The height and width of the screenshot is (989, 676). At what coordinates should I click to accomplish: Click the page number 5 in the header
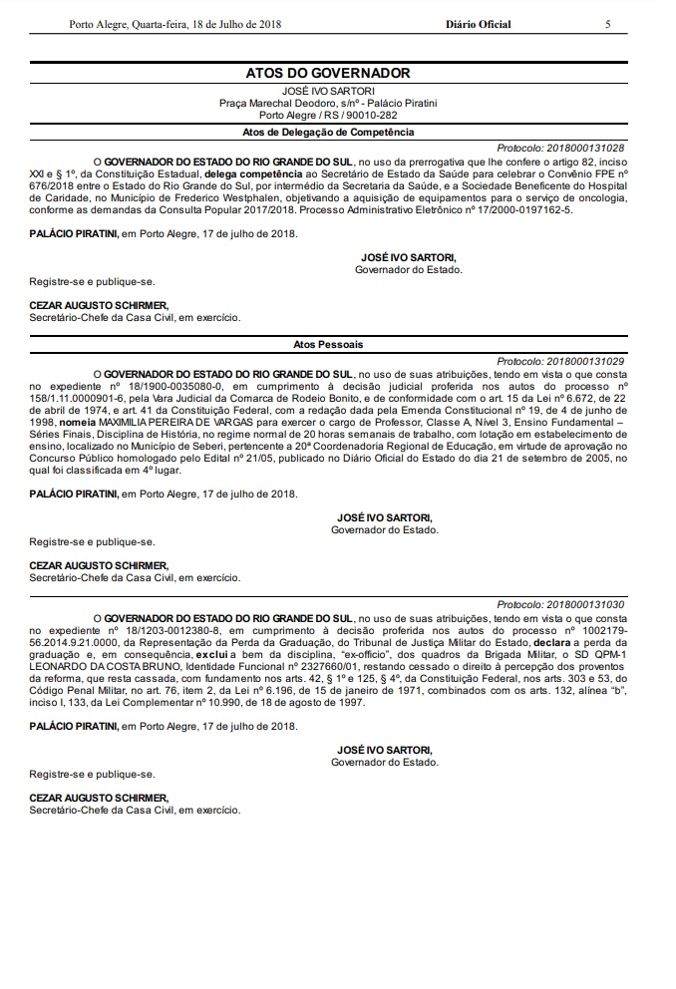pyautogui.click(x=607, y=24)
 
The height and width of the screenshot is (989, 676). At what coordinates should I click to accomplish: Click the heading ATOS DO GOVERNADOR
pyautogui.click(x=328, y=73)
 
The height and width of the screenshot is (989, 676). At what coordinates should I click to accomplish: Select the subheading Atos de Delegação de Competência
pyautogui.click(x=328, y=132)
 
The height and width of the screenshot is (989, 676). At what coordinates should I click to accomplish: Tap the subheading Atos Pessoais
pyautogui.click(x=328, y=344)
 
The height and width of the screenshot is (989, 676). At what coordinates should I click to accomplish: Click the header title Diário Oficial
pyautogui.click(x=478, y=24)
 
